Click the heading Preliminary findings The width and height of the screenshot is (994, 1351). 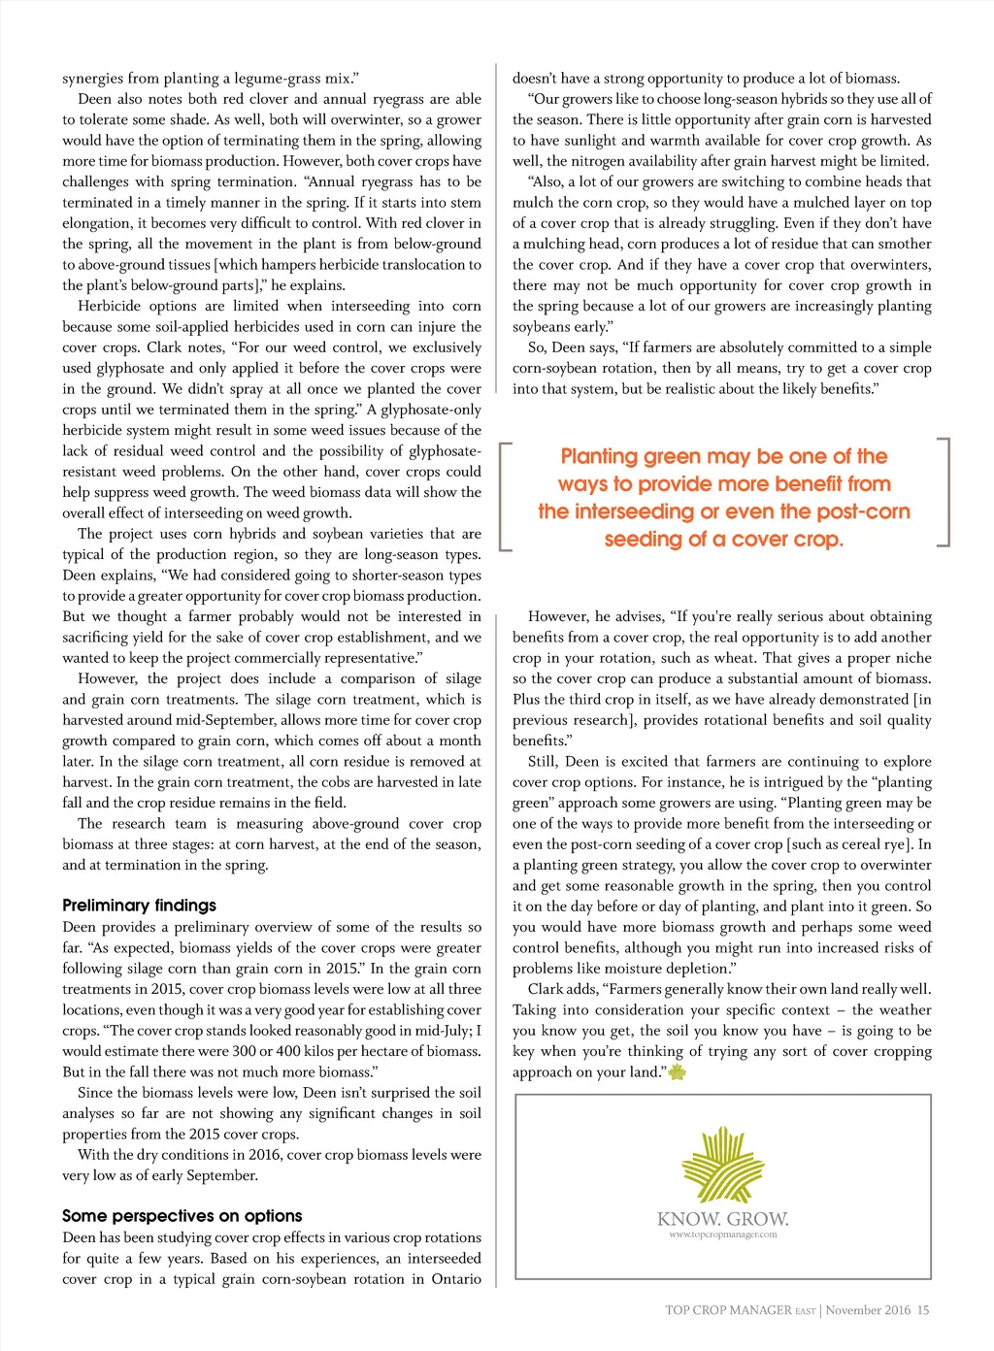coord(139,906)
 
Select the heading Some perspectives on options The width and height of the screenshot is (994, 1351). coord(182,1216)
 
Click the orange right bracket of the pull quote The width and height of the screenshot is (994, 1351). coord(944,491)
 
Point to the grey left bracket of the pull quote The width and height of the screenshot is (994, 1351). coord(504,496)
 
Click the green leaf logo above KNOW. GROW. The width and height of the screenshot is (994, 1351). coord(723,1165)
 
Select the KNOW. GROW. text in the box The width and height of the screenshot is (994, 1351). coord(723,1219)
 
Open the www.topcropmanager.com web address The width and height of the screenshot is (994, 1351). coord(723,1236)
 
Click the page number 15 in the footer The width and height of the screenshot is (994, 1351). coord(923,1310)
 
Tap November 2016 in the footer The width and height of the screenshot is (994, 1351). coord(868,1310)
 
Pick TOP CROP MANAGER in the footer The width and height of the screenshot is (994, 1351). coord(728,1310)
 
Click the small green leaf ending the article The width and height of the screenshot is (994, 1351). coord(678,1072)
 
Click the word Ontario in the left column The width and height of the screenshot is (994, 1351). coord(455,1279)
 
